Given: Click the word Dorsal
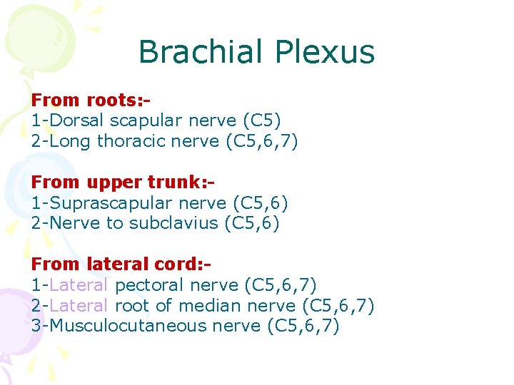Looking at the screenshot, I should click(x=76, y=120).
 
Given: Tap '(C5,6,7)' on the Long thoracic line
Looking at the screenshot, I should click(x=261, y=141).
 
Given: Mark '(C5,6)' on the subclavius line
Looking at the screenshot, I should click(x=251, y=223).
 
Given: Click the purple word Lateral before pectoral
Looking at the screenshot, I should click(x=79, y=284).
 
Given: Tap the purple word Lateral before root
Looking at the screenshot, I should click(x=79, y=305).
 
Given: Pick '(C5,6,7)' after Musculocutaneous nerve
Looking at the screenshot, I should click(x=303, y=326).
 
